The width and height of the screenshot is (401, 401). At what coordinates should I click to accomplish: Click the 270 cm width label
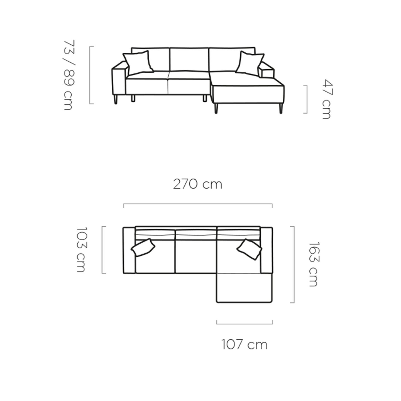tap(197, 184)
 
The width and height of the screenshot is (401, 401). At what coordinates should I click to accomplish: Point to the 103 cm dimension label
tap(81, 250)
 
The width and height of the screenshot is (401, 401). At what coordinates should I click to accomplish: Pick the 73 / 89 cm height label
tap(68, 75)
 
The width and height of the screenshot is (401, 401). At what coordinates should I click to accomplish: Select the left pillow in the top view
tap(143, 248)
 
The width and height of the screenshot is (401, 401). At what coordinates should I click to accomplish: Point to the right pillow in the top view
tap(249, 249)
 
